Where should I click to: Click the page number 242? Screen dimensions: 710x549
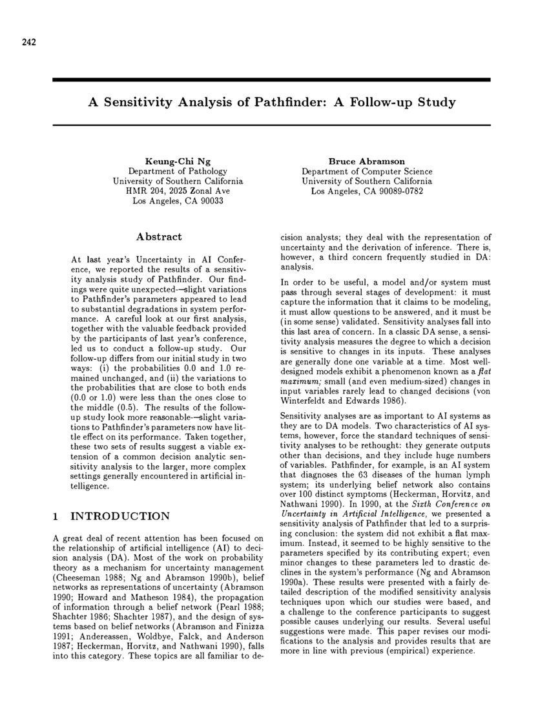[x=27, y=43]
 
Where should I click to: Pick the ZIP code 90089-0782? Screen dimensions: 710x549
[x=397, y=191]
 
